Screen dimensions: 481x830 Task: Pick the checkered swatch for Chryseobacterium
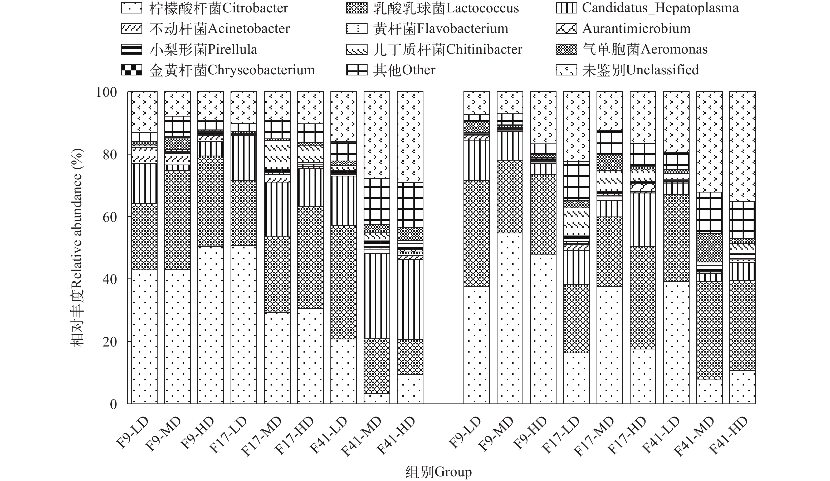[x=131, y=70]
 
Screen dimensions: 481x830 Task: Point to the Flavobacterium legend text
[x=441, y=29]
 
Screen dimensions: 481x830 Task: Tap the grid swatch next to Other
[x=356, y=70]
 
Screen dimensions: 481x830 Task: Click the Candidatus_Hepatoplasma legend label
[x=660, y=8]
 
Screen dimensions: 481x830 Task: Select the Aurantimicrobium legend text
[x=636, y=29]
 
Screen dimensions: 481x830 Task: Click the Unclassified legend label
[x=640, y=70]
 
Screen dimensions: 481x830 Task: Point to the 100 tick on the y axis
[x=106, y=92]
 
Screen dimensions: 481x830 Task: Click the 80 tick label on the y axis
[x=110, y=155]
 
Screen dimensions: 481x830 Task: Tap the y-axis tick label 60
[x=110, y=217]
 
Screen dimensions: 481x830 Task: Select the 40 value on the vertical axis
[x=110, y=280]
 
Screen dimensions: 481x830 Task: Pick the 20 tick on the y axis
[x=110, y=342]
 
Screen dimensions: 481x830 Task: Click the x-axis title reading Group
[x=438, y=472]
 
